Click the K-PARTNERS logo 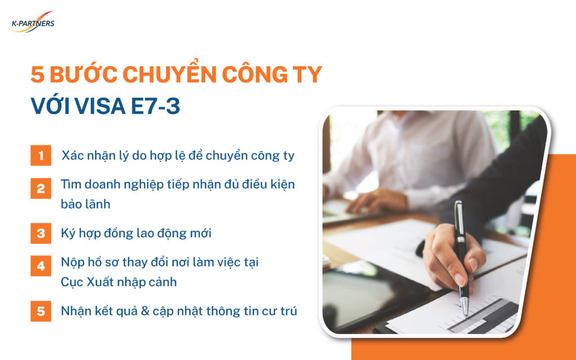(33, 22)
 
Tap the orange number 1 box (40, 155)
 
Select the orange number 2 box (40, 188)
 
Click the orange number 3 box (40, 233)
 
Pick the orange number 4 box (40, 265)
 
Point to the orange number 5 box (40, 311)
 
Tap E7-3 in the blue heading (155, 106)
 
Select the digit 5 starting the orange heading (38, 74)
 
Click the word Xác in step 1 (73, 155)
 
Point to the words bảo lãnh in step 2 (85, 204)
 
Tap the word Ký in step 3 (68, 233)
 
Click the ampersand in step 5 (145, 311)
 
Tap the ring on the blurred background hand (376, 193)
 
